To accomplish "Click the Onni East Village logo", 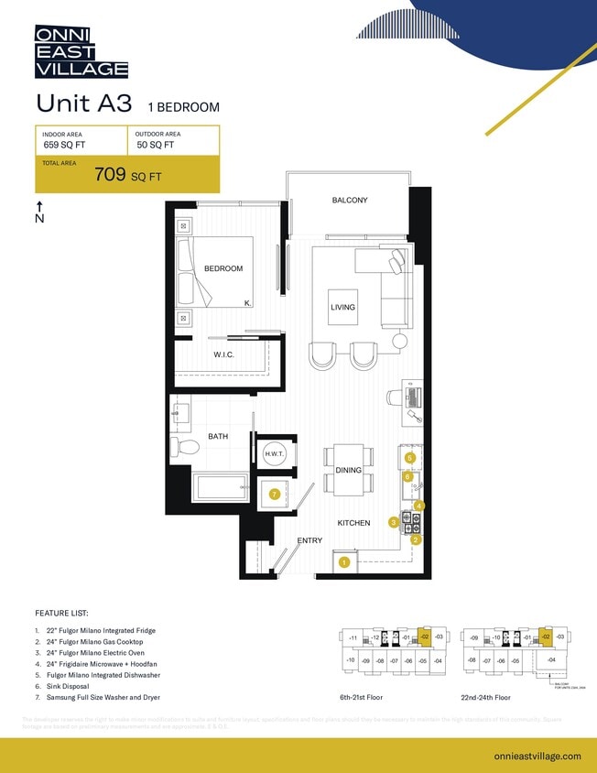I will coord(81,51).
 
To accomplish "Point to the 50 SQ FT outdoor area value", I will coord(156,145).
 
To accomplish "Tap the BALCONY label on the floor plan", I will coord(349,201).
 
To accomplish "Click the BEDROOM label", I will coord(223,268).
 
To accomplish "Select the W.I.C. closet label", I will coord(225,355).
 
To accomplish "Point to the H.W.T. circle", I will coord(275,454).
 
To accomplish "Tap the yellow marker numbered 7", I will coord(274,495).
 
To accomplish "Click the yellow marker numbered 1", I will coord(344,562).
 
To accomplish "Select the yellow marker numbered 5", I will coord(410,457).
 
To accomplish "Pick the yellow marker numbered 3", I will coord(394,522).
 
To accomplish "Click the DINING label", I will coord(348,471).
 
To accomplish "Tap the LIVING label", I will coord(342,308).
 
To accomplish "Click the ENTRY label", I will coord(309,540).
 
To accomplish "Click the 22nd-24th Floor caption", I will coord(489,697).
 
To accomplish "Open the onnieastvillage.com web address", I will coord(537,756).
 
